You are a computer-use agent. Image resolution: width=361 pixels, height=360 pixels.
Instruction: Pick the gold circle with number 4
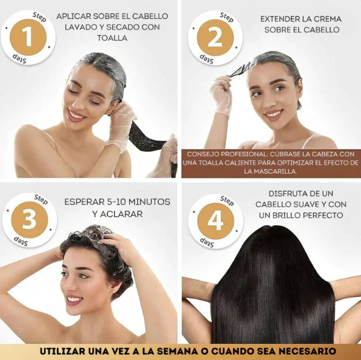point(216,221)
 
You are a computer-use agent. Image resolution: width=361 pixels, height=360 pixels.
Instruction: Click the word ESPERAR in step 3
point(86,201)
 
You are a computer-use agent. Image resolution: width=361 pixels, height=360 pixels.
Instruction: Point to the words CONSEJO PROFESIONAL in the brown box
point(222,154)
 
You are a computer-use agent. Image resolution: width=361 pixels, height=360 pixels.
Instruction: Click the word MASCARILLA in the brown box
point(271,171)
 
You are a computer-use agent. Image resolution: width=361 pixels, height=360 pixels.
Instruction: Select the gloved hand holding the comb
point(221,94)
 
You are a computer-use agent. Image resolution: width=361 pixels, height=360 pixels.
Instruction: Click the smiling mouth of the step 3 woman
point(75,299)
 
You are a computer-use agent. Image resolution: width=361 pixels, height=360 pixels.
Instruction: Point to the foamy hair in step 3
point(97,245)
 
